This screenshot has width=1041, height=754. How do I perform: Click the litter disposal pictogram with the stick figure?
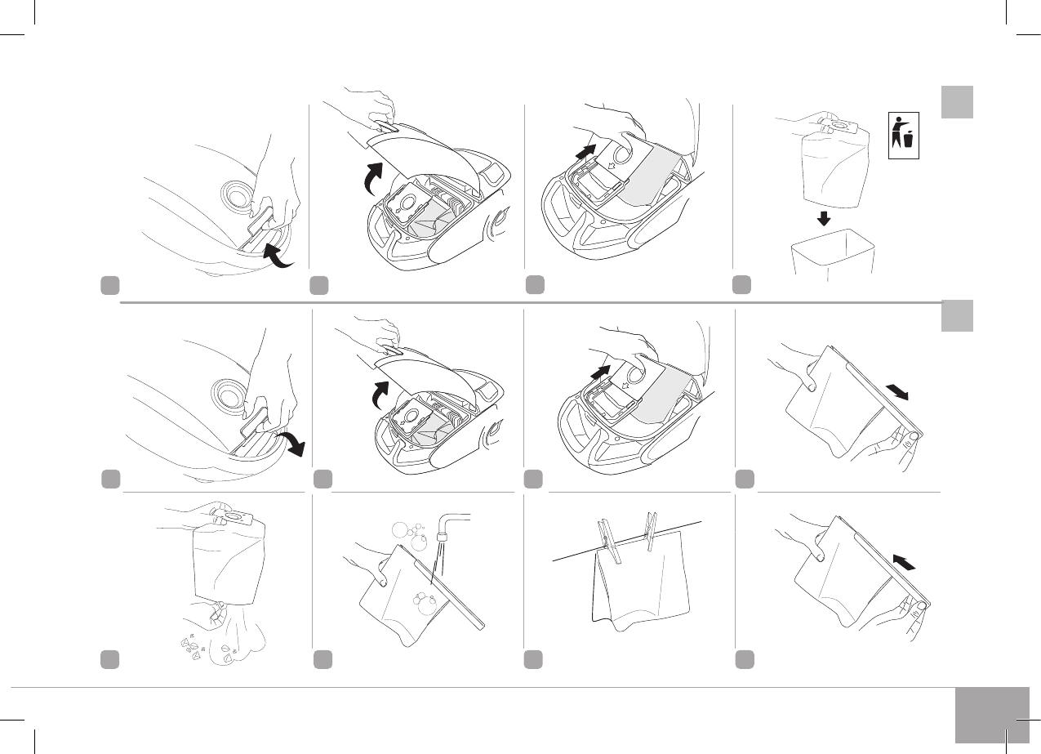coord(904,136)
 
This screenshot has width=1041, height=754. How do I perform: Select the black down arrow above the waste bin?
coord(825,218)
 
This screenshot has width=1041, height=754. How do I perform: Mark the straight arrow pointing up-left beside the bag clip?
coord(904,563)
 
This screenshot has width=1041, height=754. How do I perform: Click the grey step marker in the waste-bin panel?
coord(743,284)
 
